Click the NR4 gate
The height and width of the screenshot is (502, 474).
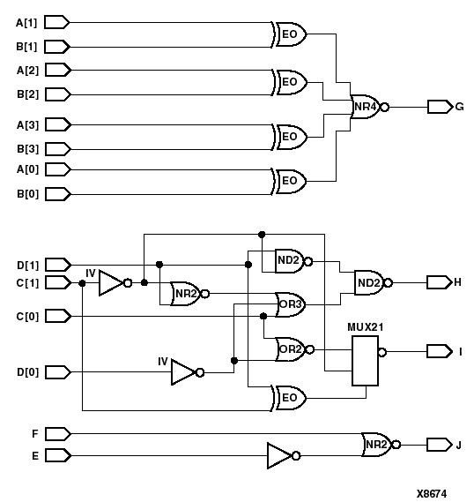[x=365, y=108]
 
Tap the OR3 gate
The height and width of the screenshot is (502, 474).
[x=290, y=304]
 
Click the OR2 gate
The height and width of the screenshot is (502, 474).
[x=290, y=348]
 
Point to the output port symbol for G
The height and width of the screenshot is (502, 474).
[x=439, y=107]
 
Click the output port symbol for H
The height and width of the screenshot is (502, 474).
[x=439, y=282]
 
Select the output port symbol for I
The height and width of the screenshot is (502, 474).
[x=439, y=351]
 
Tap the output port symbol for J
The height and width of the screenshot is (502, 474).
[x=439, y=444]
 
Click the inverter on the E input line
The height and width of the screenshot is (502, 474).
[x=281, y=455]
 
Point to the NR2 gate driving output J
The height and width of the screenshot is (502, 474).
[x=376, y=444]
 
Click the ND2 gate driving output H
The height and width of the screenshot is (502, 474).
[x=368, y=282]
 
